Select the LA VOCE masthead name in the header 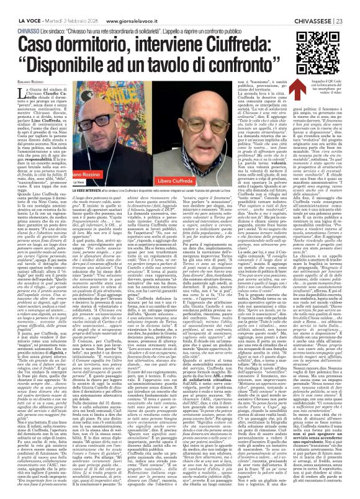click(14, 6)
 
